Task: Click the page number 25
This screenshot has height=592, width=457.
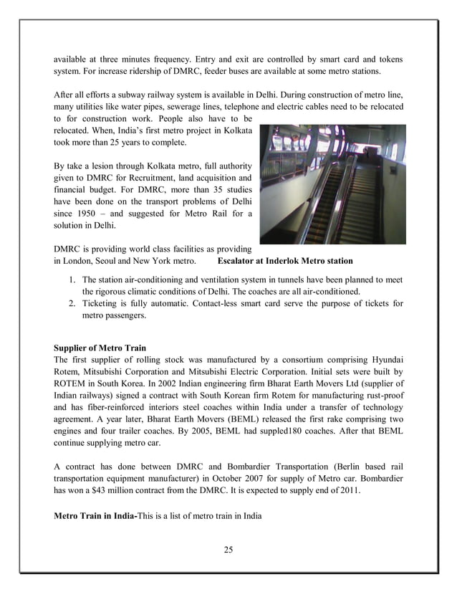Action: click(x=228, y=550)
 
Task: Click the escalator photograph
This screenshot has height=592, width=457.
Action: click(x=332, y=184)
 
